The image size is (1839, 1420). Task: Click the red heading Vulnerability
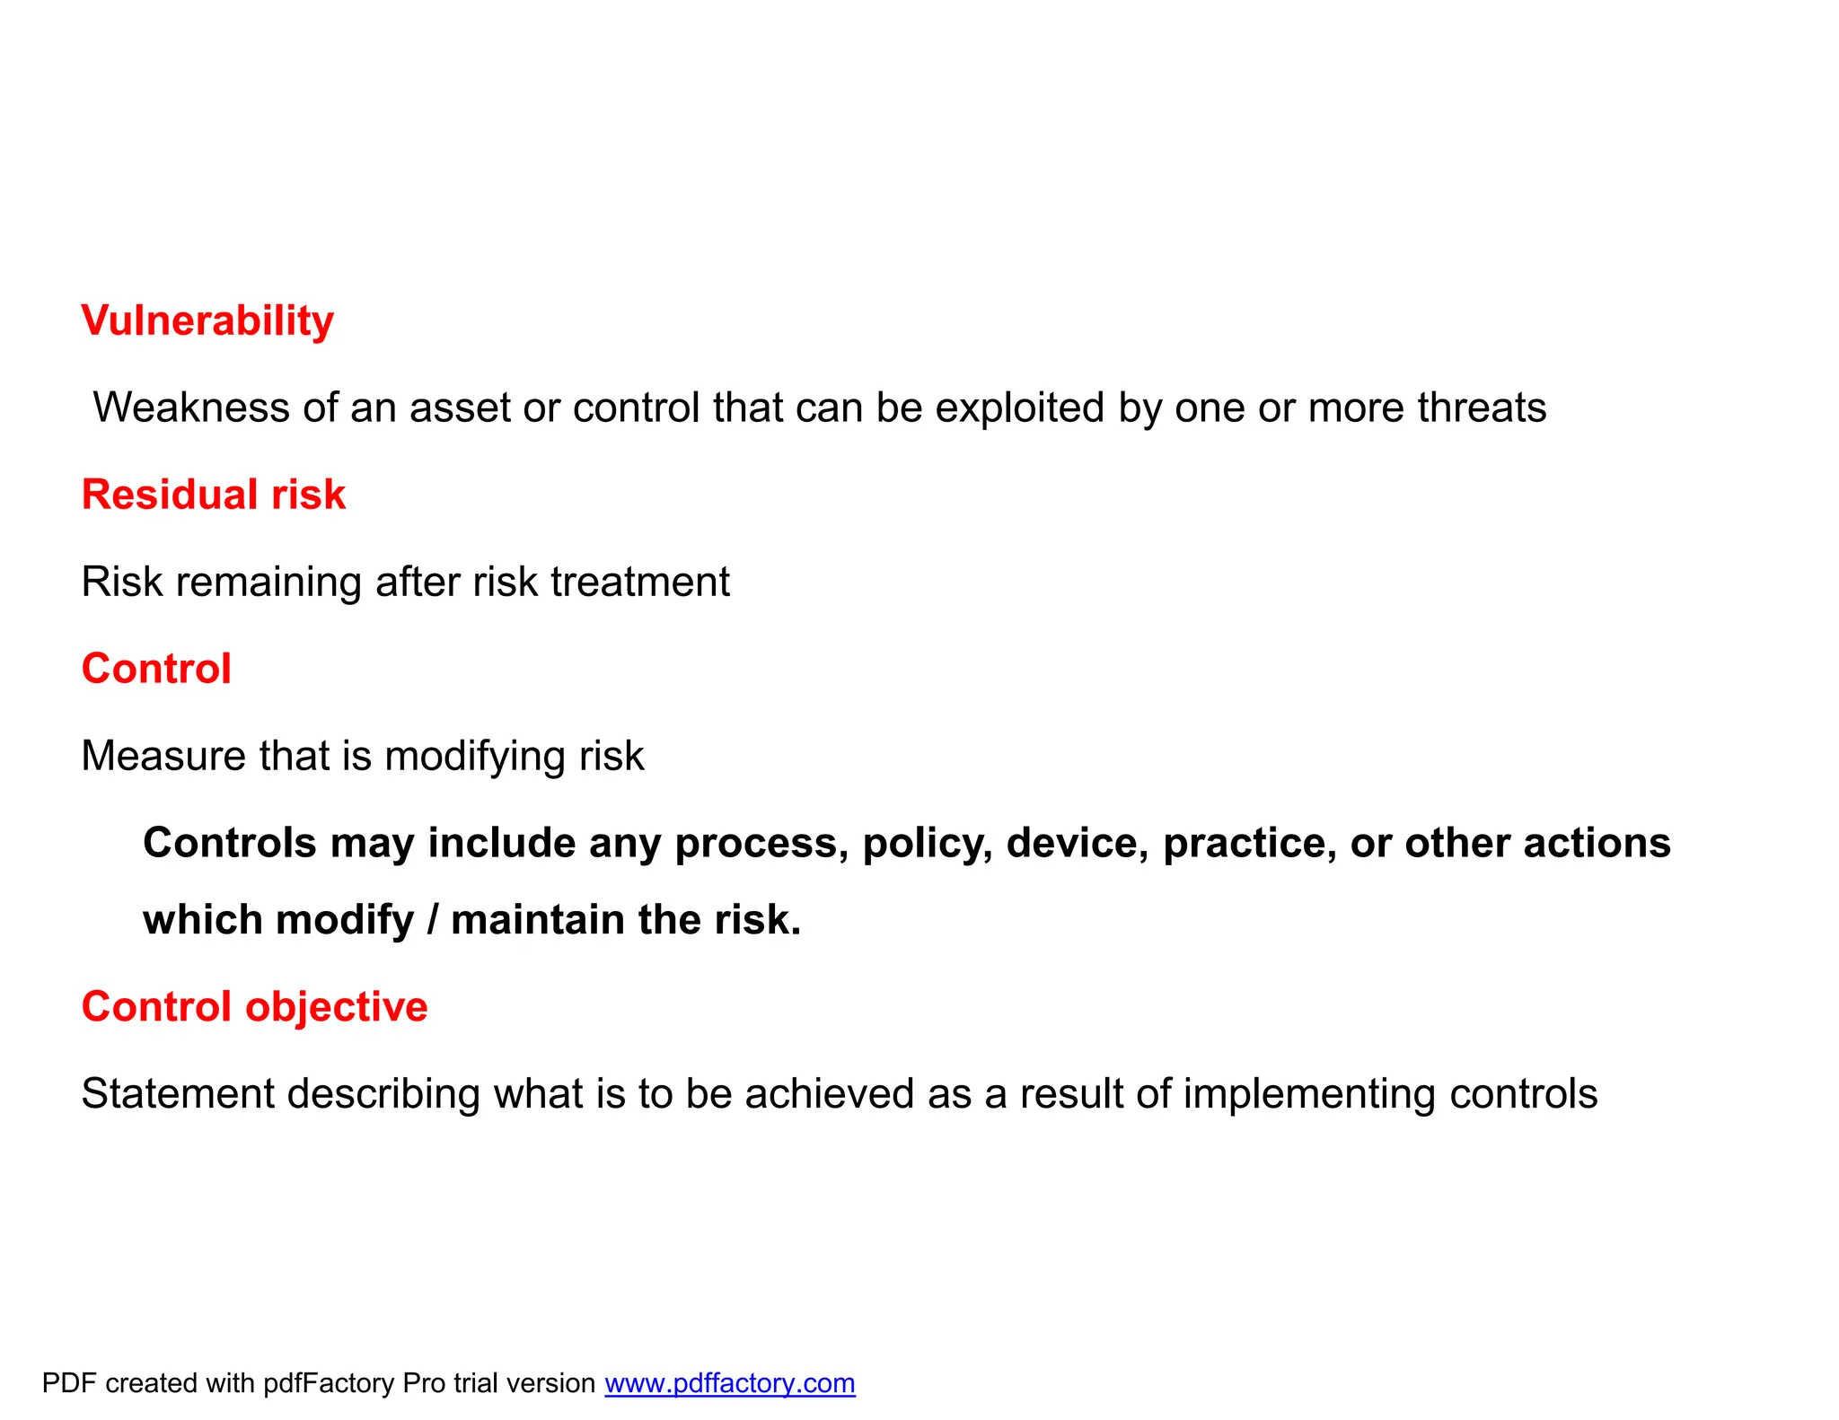click(207, 321)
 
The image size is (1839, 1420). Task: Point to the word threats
click(1482, 408)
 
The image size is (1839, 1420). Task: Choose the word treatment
click(640, 582)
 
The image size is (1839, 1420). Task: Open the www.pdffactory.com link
click(729, 1383)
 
